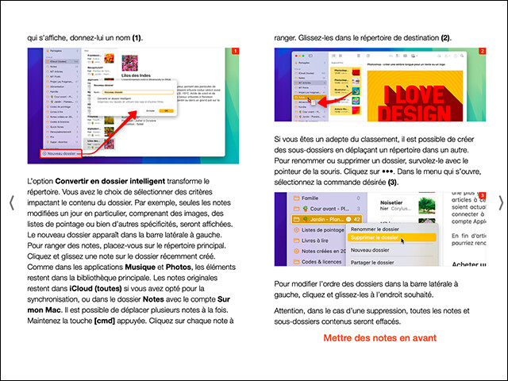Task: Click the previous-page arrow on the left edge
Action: coord(12,202)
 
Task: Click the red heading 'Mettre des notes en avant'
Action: coord(379,338)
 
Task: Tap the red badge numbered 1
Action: coord(235,52)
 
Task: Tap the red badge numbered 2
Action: coord(482,52)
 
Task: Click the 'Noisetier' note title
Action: coord(396,202)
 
